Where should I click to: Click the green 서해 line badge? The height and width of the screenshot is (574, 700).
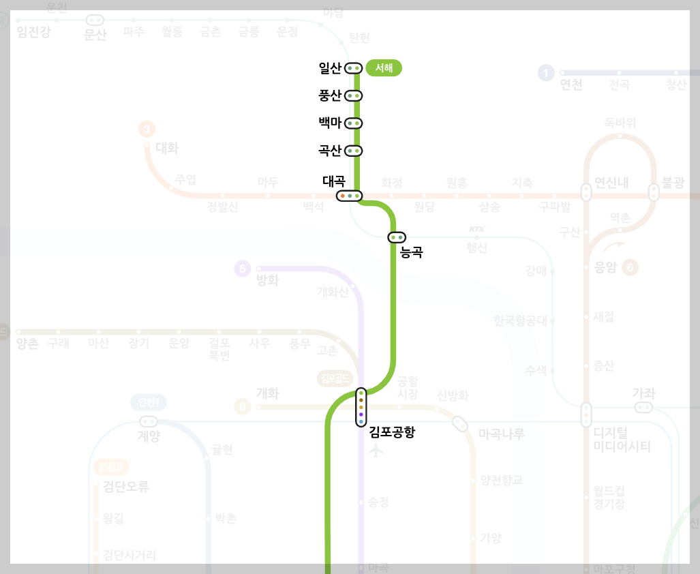(x=384, y=68)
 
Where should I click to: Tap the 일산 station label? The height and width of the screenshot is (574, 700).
(x=330, y=68)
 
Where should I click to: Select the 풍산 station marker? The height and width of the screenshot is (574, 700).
(x=353, y=96)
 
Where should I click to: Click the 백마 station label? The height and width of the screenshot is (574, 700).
(x=330, y=123)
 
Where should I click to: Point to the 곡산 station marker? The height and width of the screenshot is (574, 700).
(x=353, y=151)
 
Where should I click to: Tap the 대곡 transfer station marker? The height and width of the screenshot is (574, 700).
(x=350, y=196)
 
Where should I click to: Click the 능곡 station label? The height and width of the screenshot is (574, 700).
(x=412, y=252)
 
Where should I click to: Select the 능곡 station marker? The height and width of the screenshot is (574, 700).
(x=397, y=237)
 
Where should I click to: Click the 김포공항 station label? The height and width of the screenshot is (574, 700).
(x=392, y=432)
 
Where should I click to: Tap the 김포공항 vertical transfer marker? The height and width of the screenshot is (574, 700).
(x=361, y=407)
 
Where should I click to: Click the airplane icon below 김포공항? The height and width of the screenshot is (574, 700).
(x=376, y=451)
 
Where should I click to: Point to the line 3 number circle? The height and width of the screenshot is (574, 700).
(x=147, y=129)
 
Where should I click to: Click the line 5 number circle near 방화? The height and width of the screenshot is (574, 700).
(x=242, y=269)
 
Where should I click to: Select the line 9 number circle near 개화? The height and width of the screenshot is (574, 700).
(x=242, y=408)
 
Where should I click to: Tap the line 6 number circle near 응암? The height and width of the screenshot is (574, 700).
(x=630, y=268)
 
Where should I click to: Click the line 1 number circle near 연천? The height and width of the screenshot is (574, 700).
(x=545, y=73)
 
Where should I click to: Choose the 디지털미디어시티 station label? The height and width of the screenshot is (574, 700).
(x=622, y=440)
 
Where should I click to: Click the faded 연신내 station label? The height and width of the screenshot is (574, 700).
(x=611, y=183)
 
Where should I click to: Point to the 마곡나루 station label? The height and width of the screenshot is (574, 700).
(x=502, y=434)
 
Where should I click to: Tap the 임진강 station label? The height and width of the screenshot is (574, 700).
(x=34, y=32)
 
